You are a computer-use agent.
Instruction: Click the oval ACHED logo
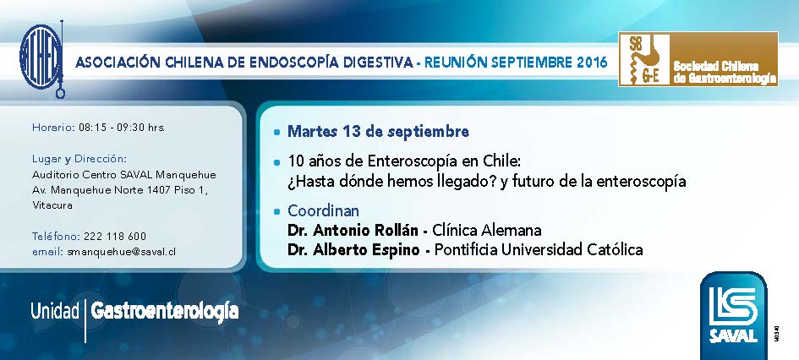(41, 57)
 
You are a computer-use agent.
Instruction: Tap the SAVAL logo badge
(733, 315)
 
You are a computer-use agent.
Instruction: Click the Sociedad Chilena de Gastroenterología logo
(698, 59)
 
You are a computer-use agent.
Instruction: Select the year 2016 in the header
(592, 63)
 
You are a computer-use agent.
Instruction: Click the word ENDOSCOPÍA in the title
(287, 63)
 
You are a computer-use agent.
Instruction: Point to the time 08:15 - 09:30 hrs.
(122, 128)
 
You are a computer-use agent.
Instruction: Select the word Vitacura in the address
(52, 205)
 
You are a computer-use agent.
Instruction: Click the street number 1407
(159, 190)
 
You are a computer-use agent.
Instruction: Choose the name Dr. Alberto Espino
(353, 249)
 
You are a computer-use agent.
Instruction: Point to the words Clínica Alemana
(487, 230)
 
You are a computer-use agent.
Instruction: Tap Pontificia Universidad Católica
(539, 249)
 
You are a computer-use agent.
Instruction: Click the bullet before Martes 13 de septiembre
(276, 133)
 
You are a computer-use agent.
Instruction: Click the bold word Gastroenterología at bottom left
(165, 312)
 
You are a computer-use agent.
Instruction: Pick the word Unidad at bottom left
(55, 311)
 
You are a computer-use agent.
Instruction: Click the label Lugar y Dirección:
(79, 158)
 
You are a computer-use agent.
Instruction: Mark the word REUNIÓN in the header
(456, 63)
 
